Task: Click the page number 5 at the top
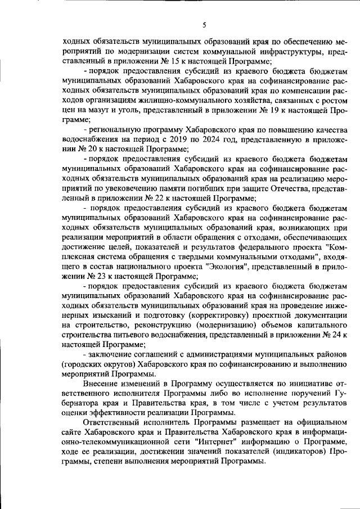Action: (205, 24)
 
